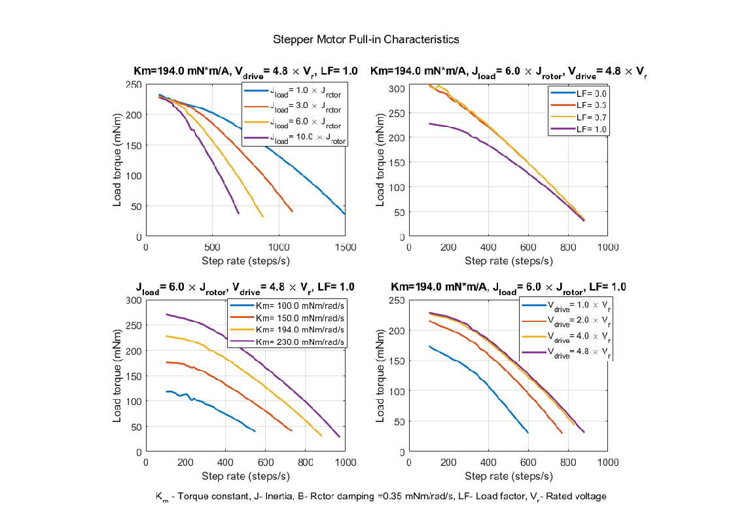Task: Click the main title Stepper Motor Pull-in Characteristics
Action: click(366, 39)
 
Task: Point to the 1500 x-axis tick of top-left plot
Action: click(345, 247)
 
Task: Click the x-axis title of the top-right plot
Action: click(509, 260)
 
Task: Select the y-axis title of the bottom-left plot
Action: click(117, 376)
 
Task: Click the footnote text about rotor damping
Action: click(380, 497)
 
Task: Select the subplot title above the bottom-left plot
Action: click(245, 287)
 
